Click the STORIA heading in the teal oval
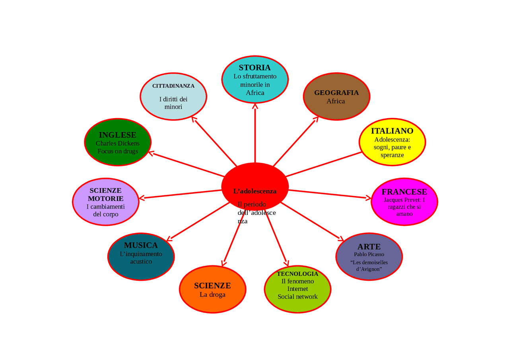[x=255, y=68]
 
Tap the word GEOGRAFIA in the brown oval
[x=336, y=93]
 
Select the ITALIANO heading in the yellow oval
[x=392, y=131]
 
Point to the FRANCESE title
[x=404, y=192]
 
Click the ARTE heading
[x=369, y=247]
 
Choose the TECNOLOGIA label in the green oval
[x=297, y=274]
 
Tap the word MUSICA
[x=141, y=245]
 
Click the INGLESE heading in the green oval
[x=117, y=135]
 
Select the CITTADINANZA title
[x=173, y=86]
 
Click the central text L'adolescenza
[x=255, y=191]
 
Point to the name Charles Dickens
[x=117, y=144]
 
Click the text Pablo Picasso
[x=369, y=254]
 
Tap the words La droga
[x=212, y=294]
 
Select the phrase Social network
[x=297, y=297]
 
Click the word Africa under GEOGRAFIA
[x=336, y=101]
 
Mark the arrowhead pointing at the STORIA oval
[x=255, y=106]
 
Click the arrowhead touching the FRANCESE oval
[x=368, y=198]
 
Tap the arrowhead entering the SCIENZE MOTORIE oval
[x=141, y=198]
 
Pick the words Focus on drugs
[x=118, y=152]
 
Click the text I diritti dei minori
[x=173, y=103]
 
